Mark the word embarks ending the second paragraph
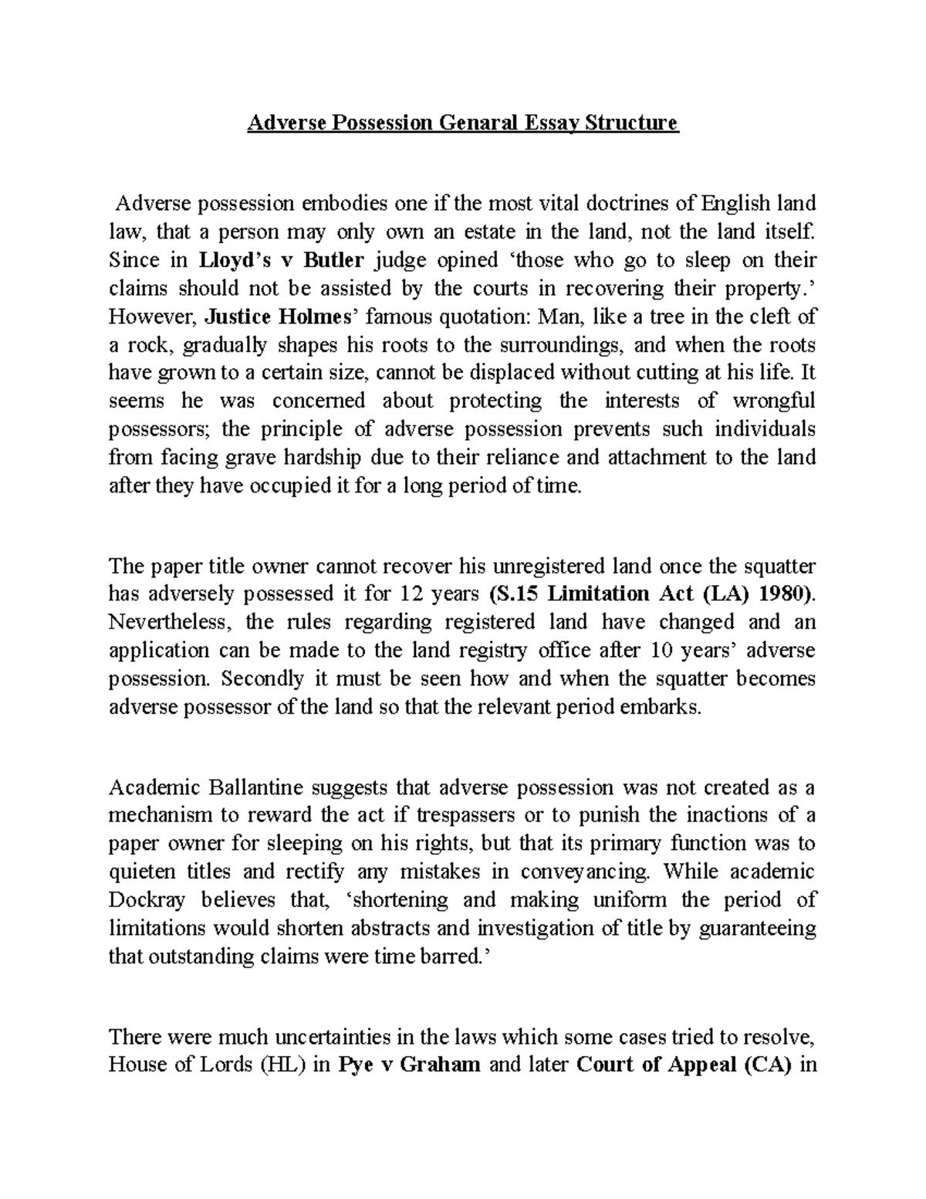point(661,707)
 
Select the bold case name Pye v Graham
point(409,1065)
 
